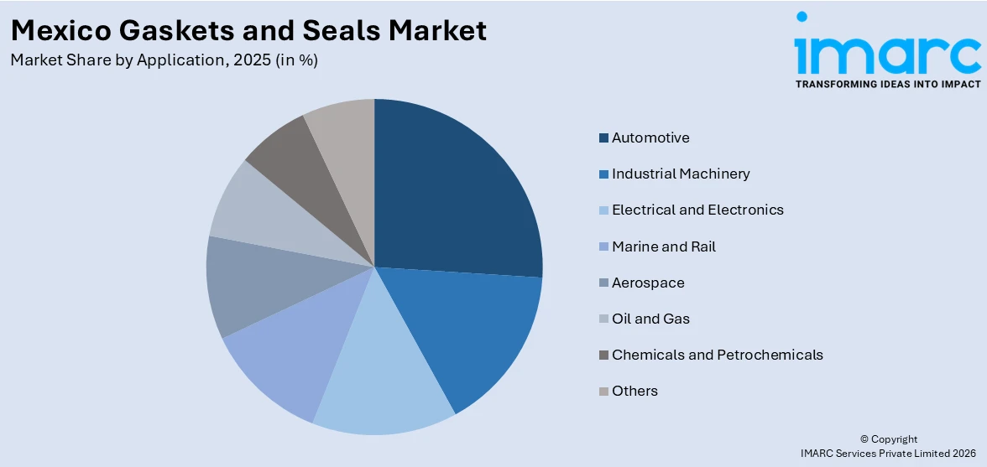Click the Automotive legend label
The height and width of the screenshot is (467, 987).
click(650, 138)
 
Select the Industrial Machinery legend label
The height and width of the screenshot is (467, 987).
click(681, 174)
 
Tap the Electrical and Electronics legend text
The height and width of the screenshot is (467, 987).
click(697, 210)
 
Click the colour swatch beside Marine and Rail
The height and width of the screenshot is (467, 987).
click(603, 247)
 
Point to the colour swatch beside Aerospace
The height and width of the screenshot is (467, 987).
click(603, 283)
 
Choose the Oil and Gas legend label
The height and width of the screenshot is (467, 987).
click(650, 319)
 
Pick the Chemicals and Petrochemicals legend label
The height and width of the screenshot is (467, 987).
click(717, 355)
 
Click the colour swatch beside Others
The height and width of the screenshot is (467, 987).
click(603, 392)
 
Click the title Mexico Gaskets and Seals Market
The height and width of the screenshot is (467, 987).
click(248, 30)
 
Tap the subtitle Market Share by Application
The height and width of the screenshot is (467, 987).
click(164, 60)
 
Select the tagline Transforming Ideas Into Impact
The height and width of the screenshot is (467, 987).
click(887, 84)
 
